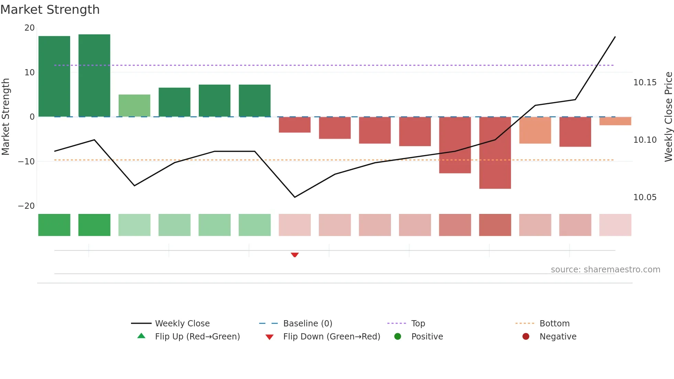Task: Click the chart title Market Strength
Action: (50, 10)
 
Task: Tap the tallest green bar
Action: (94, 76)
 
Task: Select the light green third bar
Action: (134, 106)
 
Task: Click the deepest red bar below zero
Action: (495, 153)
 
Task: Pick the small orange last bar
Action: (615, 121)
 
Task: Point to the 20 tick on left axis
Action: (30, 28)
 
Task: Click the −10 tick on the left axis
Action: (27, 162)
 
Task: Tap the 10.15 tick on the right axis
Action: (645, 83)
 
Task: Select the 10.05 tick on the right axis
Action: (645, 197)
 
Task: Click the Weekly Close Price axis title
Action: (668, 117)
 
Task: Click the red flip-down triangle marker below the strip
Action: (295, 255)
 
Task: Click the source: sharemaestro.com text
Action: (605, 270)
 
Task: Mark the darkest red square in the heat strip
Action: (495, 225)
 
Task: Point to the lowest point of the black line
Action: (295, 197)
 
